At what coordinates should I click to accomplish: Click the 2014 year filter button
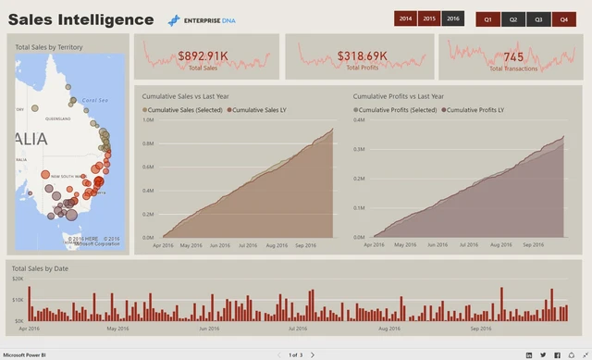point(405,19)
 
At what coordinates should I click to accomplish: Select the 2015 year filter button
point(428,19)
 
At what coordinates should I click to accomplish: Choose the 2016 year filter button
point(452,19)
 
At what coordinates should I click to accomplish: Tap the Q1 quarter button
point(487,19)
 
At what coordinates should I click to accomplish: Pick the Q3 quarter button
point(538,19)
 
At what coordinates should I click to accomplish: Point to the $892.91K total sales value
point(203,56)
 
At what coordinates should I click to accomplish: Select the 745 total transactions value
point(513,56)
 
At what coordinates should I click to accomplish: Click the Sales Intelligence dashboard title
point(81,19)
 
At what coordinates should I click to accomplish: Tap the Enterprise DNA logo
point(202,19)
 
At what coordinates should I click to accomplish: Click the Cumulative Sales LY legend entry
point(258,110)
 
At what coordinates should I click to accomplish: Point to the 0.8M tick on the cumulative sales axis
point(148,143)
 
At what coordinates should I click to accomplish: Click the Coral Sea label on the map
point(94,101)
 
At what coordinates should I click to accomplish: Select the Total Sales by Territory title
point(49,46)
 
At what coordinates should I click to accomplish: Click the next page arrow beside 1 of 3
point(313,354)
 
